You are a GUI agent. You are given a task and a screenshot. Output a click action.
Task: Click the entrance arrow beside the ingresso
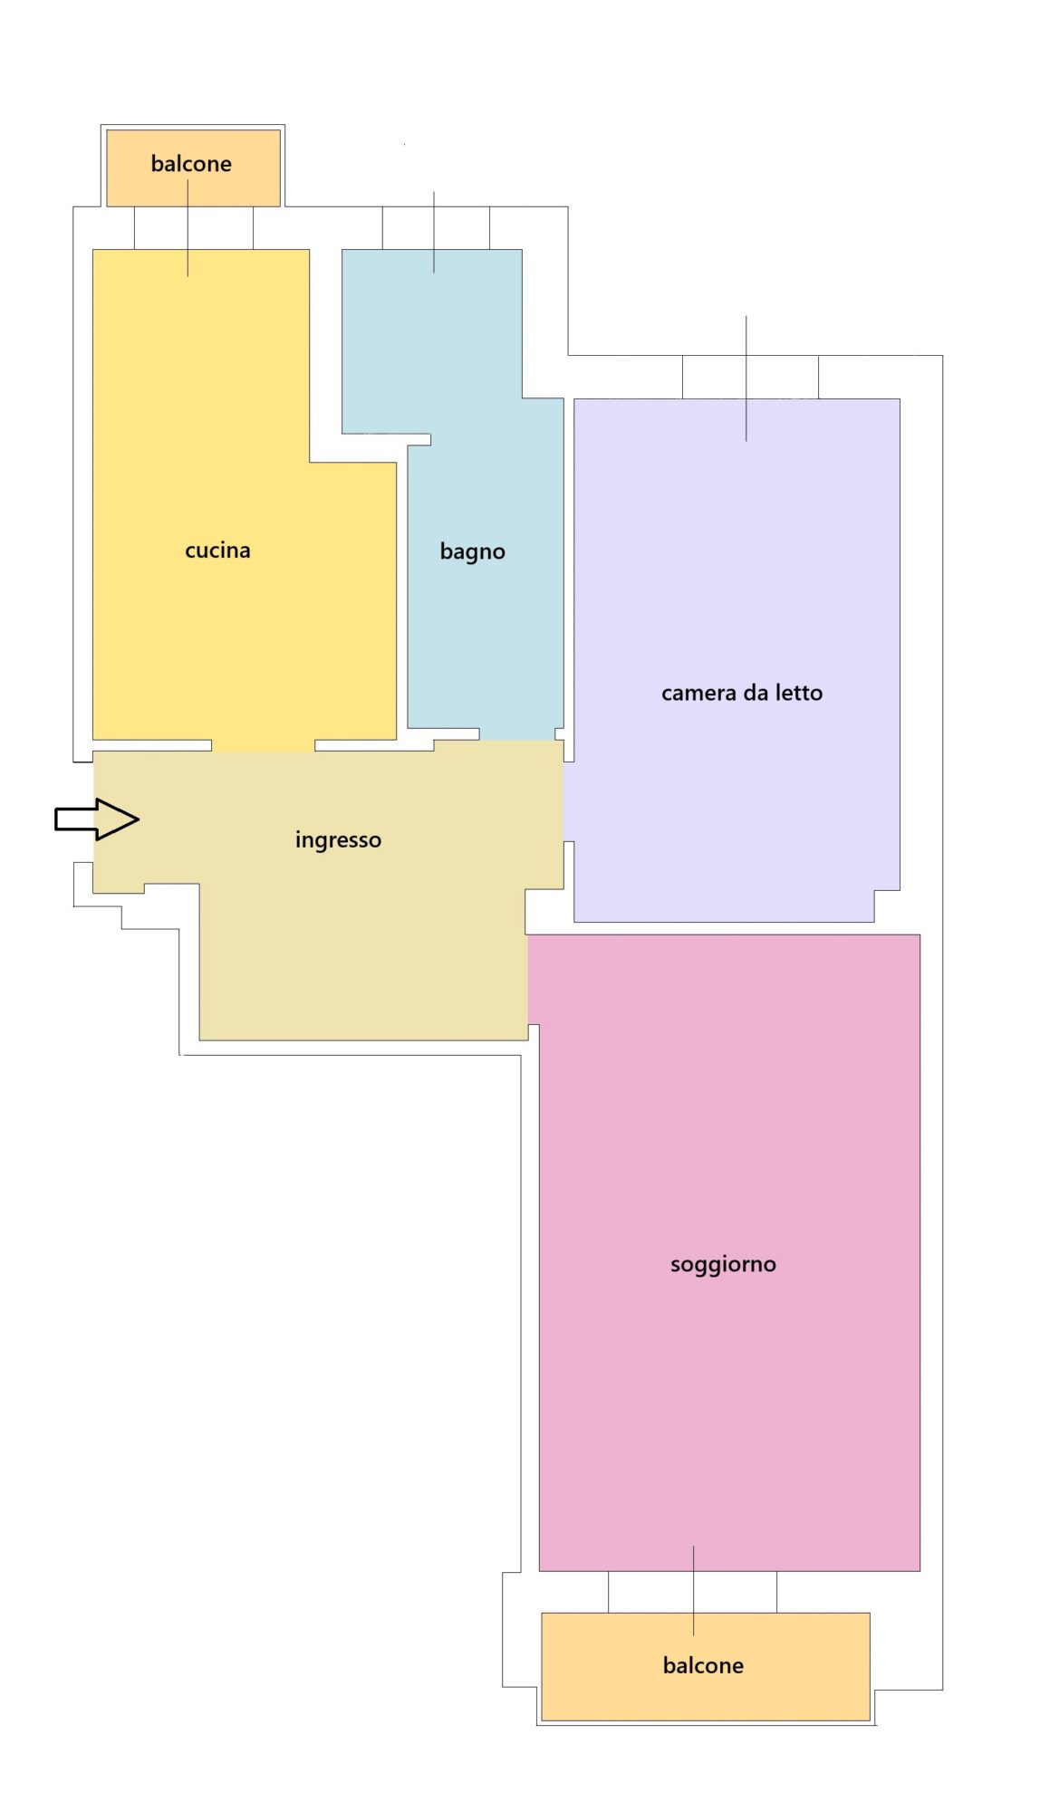tap(97, 819)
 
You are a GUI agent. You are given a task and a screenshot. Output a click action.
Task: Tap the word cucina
tap(217, 551)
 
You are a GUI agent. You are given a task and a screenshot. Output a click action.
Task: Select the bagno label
tap(472, 551)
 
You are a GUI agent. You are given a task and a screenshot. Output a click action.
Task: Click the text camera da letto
tap(742, 693)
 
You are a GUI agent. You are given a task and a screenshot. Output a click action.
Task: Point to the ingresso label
tap(338, 839)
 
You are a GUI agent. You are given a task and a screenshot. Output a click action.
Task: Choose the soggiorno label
tap(723, 1264)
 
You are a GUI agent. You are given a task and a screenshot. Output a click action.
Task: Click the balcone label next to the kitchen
tap(191, 164)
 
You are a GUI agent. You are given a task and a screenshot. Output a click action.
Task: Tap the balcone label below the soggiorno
tap(703, 1665)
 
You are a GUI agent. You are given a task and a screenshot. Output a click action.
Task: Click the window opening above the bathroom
tap(436, 228)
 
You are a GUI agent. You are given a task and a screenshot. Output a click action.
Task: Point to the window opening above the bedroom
tap(750, 377)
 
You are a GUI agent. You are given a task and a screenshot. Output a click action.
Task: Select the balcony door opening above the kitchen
tap(193, 228)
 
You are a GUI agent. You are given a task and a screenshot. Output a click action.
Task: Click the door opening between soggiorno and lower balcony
tap(692, 1592)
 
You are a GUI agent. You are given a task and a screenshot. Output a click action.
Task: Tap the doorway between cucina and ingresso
tap(264, 745)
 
